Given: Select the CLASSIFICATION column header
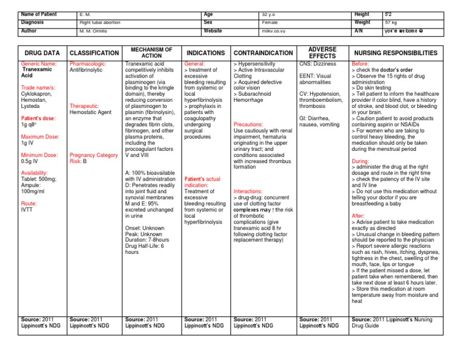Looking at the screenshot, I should tap(94, 53).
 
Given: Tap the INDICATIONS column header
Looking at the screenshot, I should tap(205, 53).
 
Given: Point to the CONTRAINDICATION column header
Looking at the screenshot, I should tap(263, 53).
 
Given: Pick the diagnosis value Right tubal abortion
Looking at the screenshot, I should tap(100, 22).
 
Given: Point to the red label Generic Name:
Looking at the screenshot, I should tap(39, 63).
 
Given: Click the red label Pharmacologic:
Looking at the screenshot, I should tap(88, 63).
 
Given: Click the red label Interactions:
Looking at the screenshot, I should tap(248, 191).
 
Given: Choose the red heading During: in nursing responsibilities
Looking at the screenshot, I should tap(360, 161).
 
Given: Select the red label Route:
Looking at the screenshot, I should tap(30, 204).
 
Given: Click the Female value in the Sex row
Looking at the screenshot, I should tap(271, 22).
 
